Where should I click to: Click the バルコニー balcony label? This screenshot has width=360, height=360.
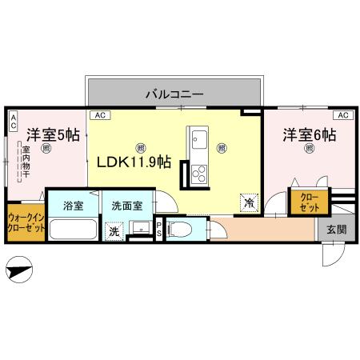(x=174, y=94)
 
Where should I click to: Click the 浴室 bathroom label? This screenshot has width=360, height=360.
(x=73, y=205)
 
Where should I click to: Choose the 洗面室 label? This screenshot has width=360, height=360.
(x=126, y=205)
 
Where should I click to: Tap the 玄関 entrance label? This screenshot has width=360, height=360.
(x=336, y=229)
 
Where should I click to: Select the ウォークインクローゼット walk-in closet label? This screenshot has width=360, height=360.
(x=26, y=222)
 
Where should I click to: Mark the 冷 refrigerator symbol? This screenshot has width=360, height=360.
(x=250, y=203)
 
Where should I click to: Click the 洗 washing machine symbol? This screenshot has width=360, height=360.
(x=114, y=231)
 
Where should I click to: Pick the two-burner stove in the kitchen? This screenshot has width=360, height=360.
(x=198, y=172)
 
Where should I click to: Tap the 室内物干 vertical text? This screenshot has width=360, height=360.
(x=26, y=163)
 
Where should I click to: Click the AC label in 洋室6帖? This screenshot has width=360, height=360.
(x=342, y=116)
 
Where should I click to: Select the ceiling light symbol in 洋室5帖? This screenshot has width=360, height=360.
(x=47, y=148)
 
